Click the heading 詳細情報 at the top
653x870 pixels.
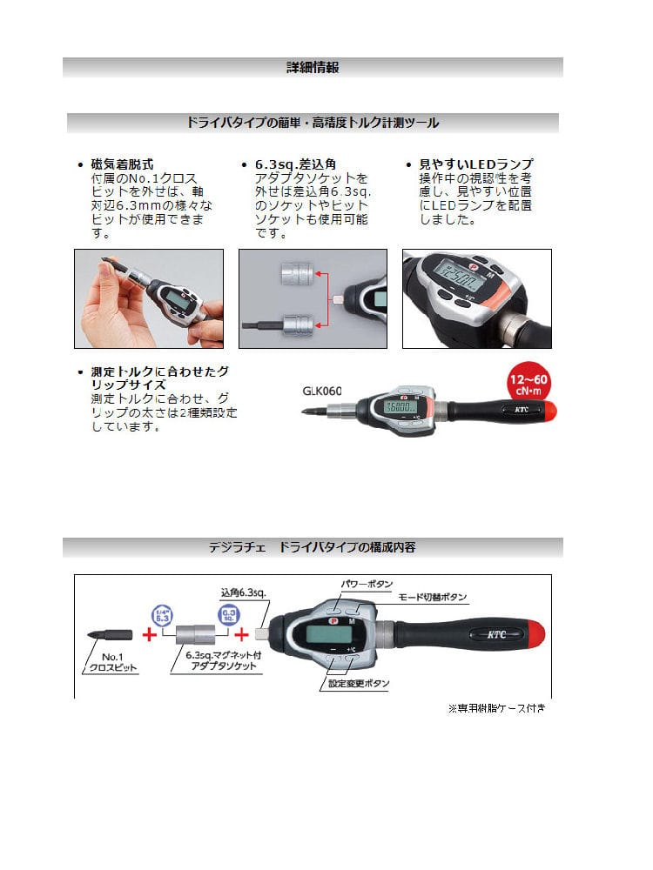313,68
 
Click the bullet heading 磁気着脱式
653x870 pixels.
122,164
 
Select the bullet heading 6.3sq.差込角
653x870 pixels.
295,164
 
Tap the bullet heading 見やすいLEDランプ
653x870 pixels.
476,164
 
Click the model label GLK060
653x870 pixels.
322,391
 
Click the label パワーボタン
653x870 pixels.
367,584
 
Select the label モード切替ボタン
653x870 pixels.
433,597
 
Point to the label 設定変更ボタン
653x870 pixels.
359,683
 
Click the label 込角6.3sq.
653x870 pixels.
243,592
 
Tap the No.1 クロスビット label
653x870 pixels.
112,662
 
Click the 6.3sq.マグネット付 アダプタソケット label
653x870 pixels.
223,660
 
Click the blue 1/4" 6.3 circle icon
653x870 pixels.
162,616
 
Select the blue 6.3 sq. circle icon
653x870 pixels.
229,615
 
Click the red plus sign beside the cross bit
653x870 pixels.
150,633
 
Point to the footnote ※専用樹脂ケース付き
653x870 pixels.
496,708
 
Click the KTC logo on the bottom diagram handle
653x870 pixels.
496,634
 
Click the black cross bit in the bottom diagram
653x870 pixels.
110,635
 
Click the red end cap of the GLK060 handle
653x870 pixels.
549,412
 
